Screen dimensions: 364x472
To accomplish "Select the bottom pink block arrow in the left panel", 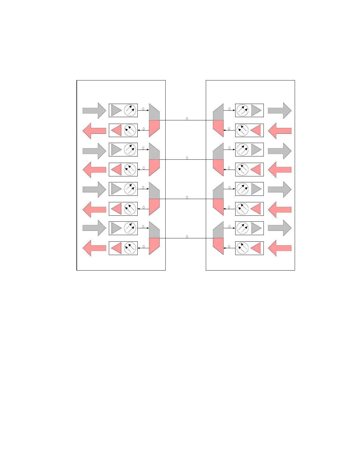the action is click(x=94, y=248).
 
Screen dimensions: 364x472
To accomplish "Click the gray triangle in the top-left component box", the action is click(x=116, y=111).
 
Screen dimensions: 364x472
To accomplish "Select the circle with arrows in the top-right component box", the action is click(x=243, y=111).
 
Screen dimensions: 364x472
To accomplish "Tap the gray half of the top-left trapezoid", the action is click(x=154, y=114).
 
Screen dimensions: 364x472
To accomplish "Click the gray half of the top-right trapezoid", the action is click(x=219, y=114).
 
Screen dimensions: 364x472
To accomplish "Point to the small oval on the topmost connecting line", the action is click(x=187, y=119).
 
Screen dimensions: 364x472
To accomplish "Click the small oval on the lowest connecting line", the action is click(x=187, y=237).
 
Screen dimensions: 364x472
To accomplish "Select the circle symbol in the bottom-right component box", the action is click(x=243, y=248).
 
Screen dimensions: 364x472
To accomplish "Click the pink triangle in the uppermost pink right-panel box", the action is click(x=256, y=131).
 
